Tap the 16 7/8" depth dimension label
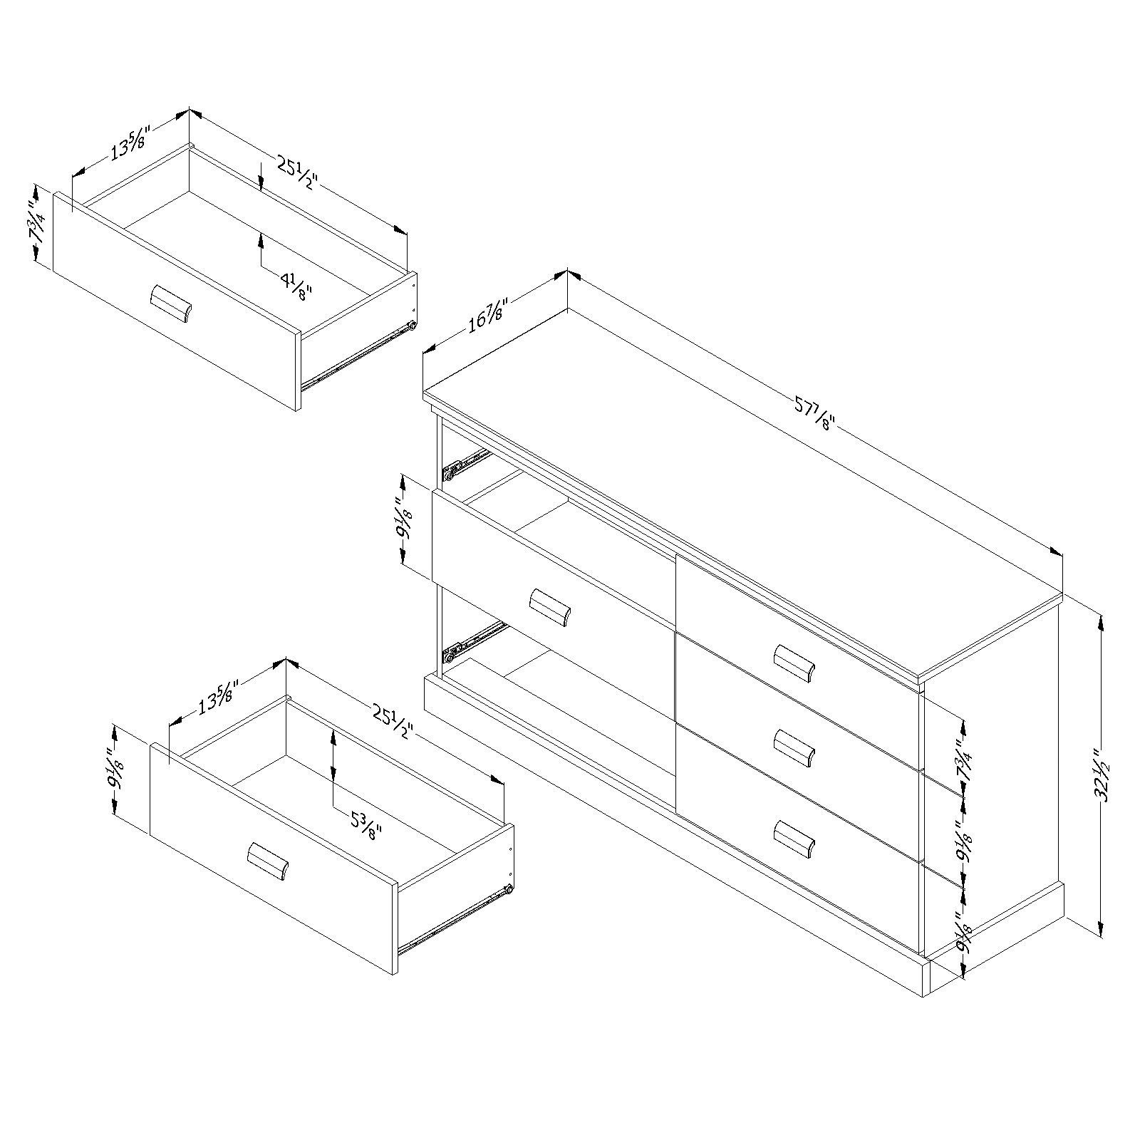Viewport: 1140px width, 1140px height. (x=487, y=325)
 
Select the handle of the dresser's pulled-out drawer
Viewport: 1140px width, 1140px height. (x=550, y=607)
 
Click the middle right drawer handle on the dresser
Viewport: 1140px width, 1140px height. (x=794, y=748)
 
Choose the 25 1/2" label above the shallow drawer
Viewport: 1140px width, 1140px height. (x=295, y=178)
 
